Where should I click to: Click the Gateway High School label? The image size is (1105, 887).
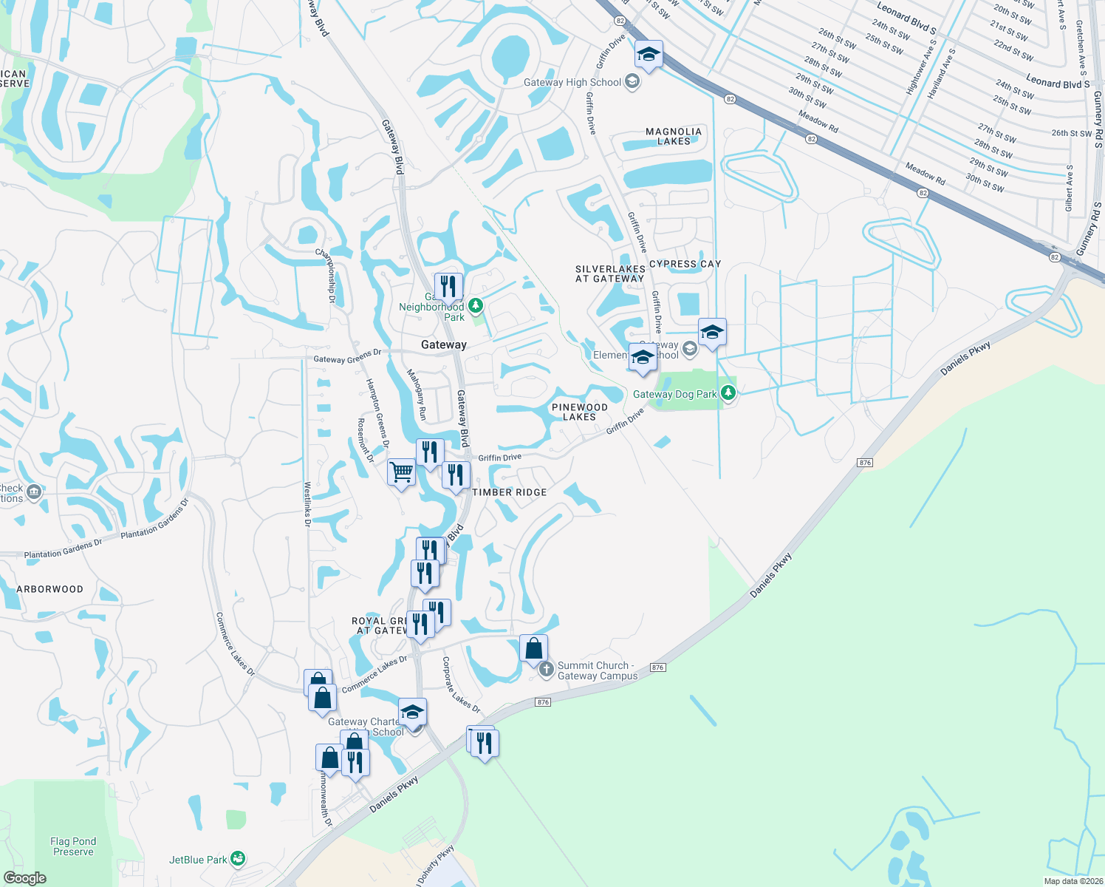[572, 82]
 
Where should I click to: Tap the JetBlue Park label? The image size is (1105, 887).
[198, 860]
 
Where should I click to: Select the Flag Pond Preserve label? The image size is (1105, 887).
[73, 846]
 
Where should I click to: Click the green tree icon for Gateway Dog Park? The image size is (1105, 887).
[728, 392]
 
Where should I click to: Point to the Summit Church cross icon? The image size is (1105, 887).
[546, 670]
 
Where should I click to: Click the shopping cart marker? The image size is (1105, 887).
[401, 471]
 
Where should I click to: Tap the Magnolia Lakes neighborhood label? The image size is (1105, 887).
[674, 136]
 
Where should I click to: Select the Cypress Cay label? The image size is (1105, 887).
[685, 264]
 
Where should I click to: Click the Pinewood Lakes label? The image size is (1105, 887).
[580, 412]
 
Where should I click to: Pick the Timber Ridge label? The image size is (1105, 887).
[510, 492]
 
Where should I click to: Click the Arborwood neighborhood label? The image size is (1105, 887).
[50, 589]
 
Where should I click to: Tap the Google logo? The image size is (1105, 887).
[25, 878]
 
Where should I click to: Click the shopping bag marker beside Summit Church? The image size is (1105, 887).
[533, 649]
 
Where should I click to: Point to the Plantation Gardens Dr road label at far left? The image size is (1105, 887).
[63, 549]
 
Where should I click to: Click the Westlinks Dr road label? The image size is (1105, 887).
[308, 504]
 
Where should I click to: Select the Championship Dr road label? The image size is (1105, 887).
[326, 276]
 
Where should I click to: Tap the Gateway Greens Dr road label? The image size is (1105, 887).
[347, 357]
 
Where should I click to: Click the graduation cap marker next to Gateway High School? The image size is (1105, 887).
[649, 54]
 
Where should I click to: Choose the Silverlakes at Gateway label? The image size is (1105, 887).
[610, 274]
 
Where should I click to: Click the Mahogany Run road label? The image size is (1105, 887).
[418, 395]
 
